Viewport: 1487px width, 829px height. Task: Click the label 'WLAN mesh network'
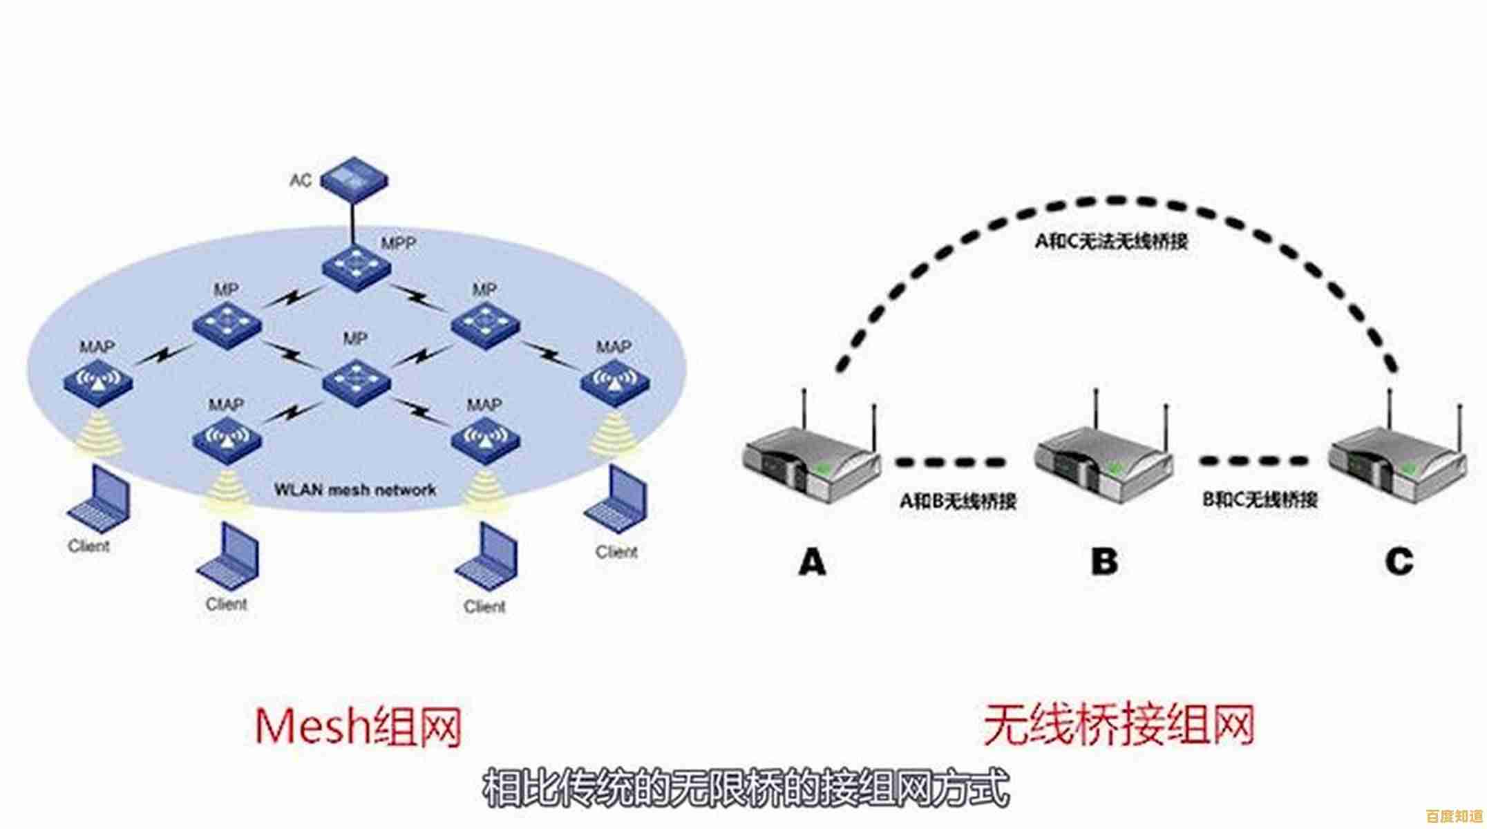click(355, 490)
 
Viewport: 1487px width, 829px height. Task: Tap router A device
click(812, 463)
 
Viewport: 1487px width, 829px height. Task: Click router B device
click(1104, 463)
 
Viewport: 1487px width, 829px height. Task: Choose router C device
click(1397, 463)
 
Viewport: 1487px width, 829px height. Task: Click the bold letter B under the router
click(1104, 561)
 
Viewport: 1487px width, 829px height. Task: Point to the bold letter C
click(1399, 561)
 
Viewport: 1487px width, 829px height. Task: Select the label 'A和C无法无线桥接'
click(1110, 241)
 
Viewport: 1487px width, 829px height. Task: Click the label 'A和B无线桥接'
click(958, 500)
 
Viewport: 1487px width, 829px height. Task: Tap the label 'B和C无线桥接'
click(1259, 499)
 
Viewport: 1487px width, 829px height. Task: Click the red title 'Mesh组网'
click(357, 727)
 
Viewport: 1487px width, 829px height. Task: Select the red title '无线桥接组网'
click(1118, 725)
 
